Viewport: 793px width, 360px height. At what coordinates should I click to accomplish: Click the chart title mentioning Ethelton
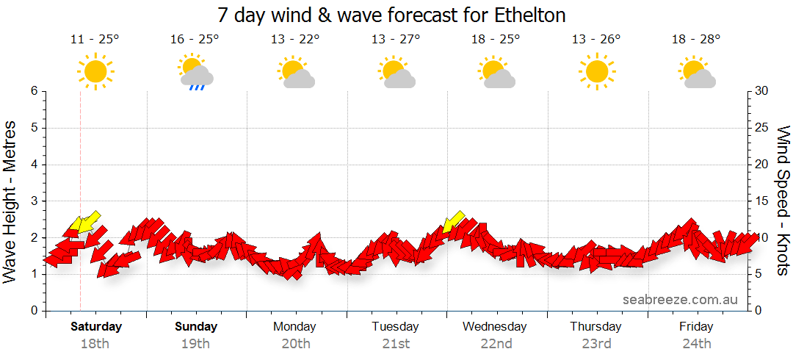tap(392, 15)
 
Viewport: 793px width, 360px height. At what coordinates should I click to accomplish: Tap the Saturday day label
tap(95, 326)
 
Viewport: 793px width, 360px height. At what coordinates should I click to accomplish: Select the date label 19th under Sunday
tap(195, 343)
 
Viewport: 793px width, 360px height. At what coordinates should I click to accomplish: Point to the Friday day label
tap(696, 326)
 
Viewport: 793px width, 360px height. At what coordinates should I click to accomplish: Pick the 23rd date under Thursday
tap(596, 343)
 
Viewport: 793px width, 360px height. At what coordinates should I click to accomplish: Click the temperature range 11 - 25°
tap(95, 40)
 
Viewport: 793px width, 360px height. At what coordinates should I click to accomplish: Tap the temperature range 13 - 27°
tap(396, 40)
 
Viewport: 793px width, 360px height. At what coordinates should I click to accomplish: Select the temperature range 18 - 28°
tap(696, 40)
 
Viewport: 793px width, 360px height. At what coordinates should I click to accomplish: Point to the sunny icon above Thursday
tap(596, 71)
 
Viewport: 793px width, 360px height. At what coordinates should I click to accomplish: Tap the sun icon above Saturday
tap(95, 71)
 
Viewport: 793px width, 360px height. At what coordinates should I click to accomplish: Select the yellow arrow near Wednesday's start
tap(454, 221)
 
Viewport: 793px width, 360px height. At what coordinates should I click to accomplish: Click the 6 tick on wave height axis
tap(34, 91)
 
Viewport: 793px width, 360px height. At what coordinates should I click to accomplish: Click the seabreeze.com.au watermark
tap(680, 300)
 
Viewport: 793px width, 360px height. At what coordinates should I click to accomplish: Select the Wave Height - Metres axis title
tap(10, 201)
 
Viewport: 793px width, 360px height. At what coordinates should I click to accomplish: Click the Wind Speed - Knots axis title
tap(783, 201)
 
